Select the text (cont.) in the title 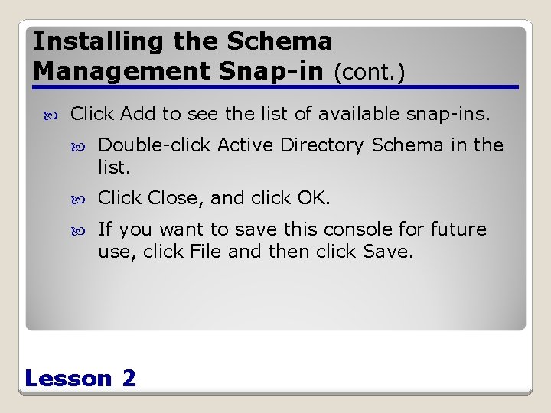(x=370, y=72)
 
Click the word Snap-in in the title (x=260, y=70)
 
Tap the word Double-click (x=155, y=145)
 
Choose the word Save (x=391, y=252)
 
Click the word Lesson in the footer (x=68, y=378)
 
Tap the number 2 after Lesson (x=129, y=378)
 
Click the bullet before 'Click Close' (x=84, y=199)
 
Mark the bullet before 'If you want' (x=84, y=230)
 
